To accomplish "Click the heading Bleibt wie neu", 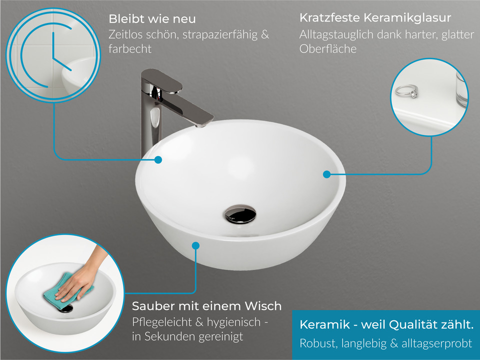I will [x=152, y=19].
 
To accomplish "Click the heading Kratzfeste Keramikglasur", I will [x=375, y=18].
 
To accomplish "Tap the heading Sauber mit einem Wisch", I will [x=206, y=305].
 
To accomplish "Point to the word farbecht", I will [x=129, y=49].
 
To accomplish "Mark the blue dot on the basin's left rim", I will [x=158, y=160].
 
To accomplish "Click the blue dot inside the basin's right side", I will [x=326, y=174].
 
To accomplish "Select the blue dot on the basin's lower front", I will [x=195, y=245].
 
